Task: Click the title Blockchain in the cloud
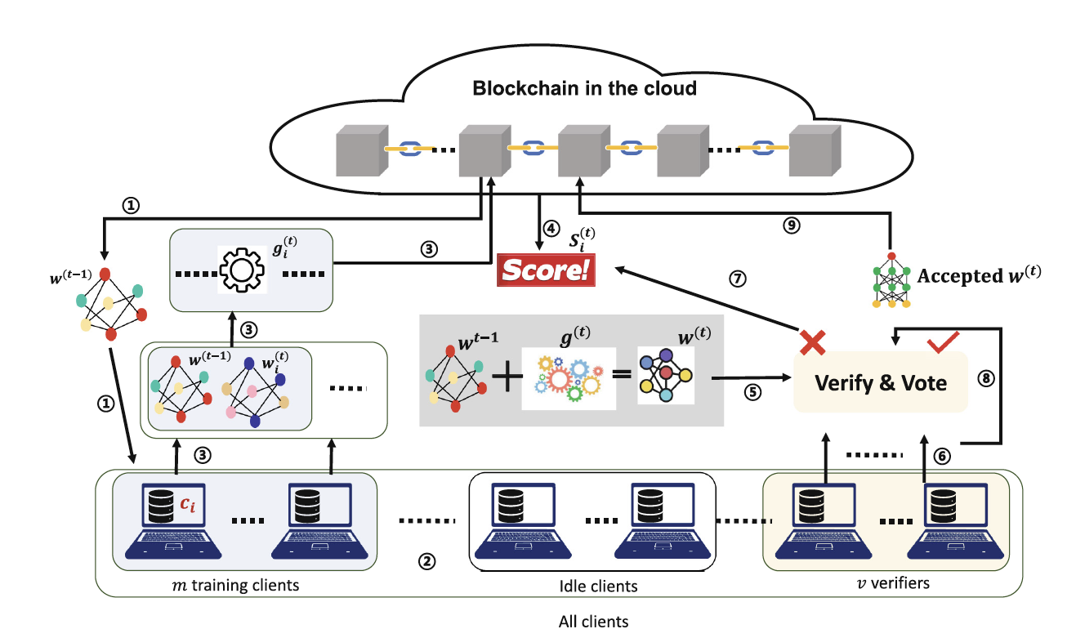584,88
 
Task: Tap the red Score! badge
546,270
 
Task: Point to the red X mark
811,342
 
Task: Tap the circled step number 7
736,278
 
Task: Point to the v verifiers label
893,583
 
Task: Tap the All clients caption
594,621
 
